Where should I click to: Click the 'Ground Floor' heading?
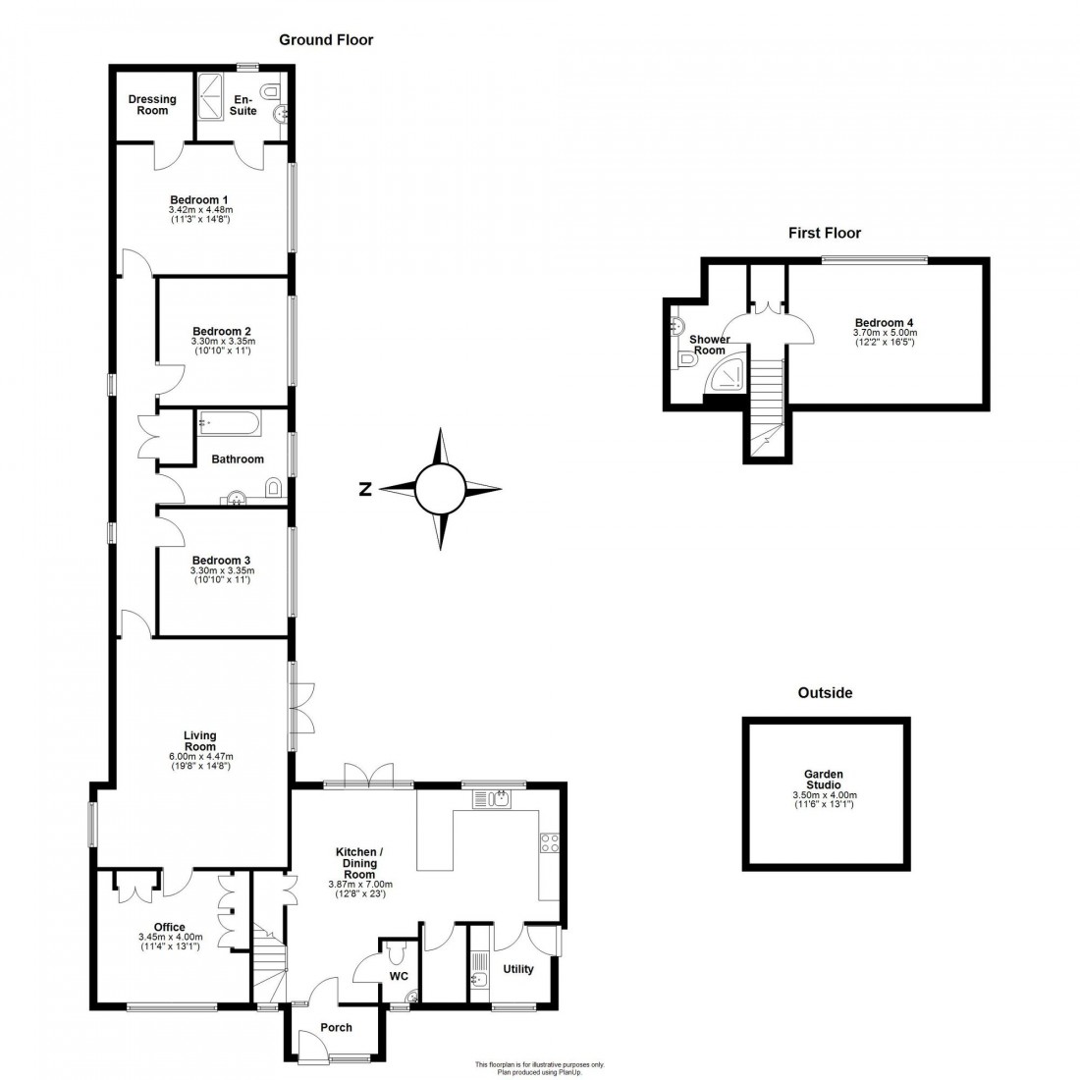(x=326, y=40)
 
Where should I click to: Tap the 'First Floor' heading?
(x=825, y=233)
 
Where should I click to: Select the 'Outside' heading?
(x=825, y=692)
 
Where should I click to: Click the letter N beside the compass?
(x=364, y=489)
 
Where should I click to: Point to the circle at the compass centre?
(x=440, y=489)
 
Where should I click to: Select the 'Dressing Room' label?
(x=152, y=104)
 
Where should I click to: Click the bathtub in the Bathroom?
(x=230, y=424)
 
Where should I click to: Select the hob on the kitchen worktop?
(x=549, y=842)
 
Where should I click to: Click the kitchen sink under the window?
(x=499, y=797)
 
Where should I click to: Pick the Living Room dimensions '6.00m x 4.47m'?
(x=200, y=756)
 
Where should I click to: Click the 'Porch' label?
(x=337, y=1027)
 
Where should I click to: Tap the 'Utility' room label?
(x=518, y=969)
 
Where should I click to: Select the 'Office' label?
(x=170, y=927)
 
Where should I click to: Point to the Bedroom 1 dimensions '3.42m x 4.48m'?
(x=200, y=210)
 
